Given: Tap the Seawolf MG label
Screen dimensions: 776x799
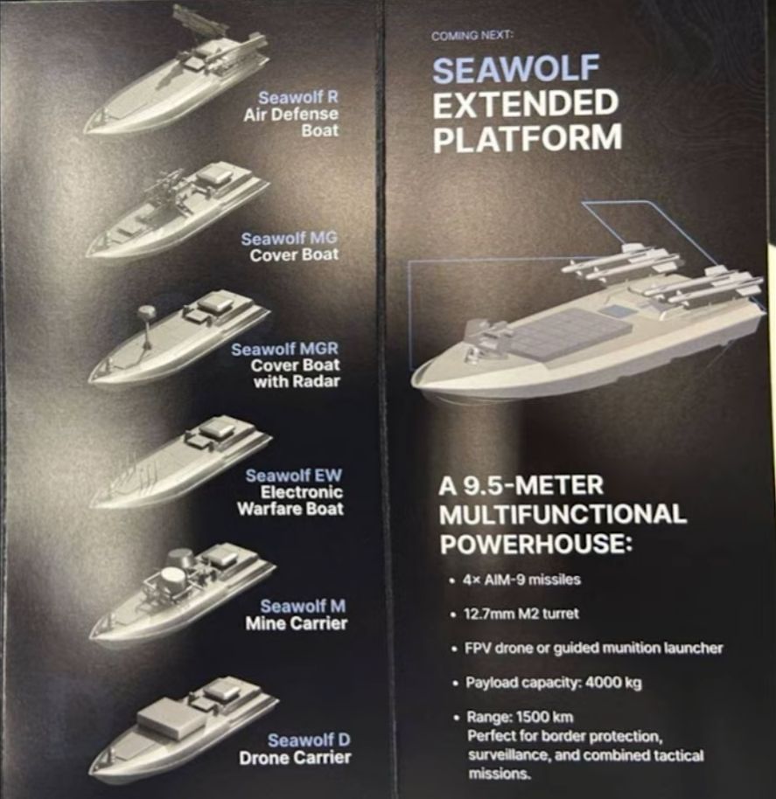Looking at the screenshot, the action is [x=289, y=238].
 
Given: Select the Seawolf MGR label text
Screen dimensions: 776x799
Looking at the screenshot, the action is [x=284, y=349].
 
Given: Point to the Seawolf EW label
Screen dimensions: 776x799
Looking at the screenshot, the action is [x=294, y=476].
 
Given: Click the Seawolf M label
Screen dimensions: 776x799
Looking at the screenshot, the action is [x=303, y=607].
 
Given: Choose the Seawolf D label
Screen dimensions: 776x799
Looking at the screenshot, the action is [x=309, y=740].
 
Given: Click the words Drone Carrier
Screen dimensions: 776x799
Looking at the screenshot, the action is [x=295, y=758].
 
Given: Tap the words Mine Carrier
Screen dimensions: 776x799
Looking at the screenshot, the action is [x=297, y=623].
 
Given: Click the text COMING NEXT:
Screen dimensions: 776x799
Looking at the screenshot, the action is [x=472, y=36].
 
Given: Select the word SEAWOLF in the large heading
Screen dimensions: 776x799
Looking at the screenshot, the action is [x=515, y=69].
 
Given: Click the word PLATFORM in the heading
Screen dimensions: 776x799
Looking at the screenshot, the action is [x=528, y=137].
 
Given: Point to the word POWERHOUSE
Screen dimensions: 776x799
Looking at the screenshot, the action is [x=536, y=545].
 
